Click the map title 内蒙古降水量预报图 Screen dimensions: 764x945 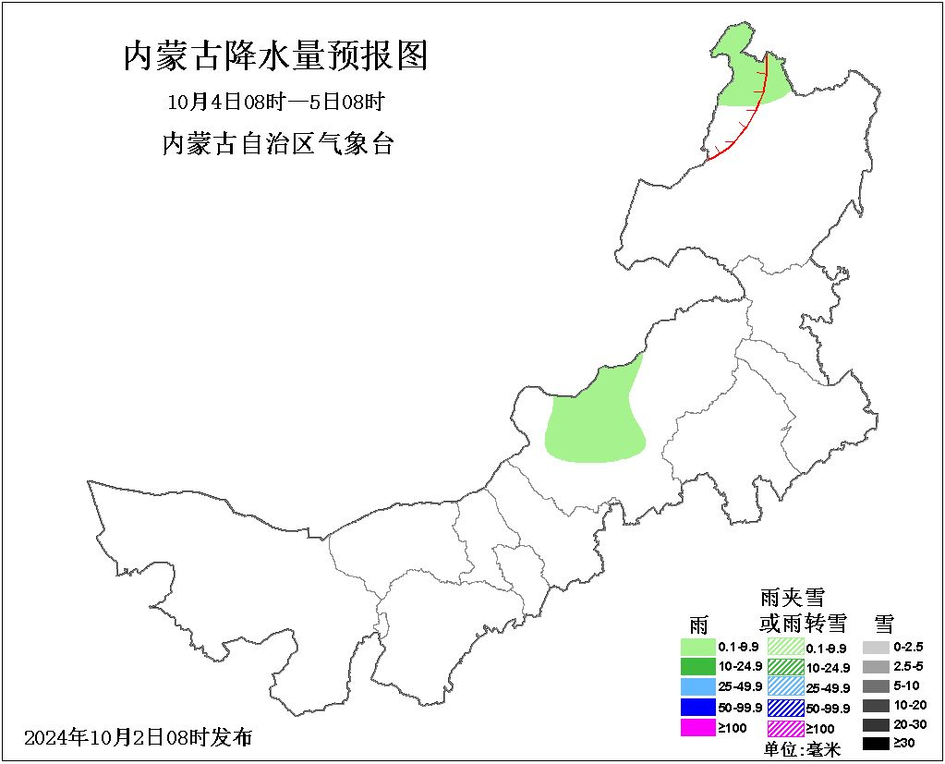click(275, 56)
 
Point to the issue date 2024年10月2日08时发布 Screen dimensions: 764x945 click(138, 737)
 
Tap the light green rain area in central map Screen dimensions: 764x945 click(596, 420)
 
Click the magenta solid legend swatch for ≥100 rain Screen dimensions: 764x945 click(698, 727)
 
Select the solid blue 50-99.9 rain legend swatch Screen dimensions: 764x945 click(698, 707)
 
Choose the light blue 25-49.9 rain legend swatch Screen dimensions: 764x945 click(698, 686)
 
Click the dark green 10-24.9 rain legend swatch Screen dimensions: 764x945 click(698, 666)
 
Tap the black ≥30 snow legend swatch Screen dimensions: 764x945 click(876, 744)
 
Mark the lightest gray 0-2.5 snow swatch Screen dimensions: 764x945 click(876, 647)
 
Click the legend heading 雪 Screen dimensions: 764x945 click(884, 623)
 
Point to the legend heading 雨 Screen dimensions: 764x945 click(698, 625)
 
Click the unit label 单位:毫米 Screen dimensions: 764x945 click(803, 749)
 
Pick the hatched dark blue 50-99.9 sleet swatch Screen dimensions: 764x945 click(785, 708)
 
